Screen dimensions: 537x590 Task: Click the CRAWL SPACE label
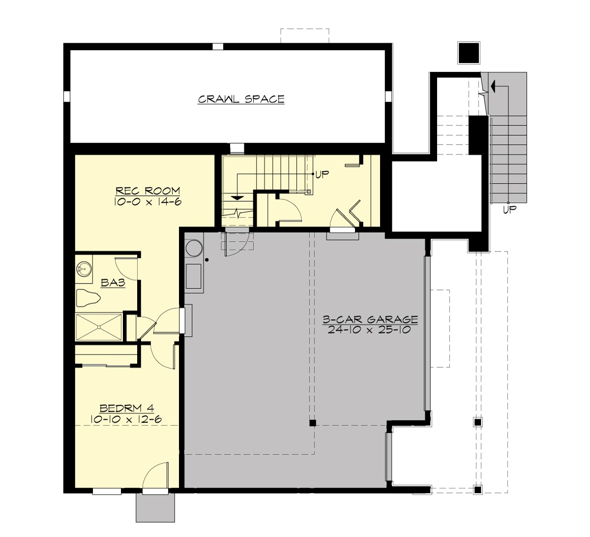[241, 99]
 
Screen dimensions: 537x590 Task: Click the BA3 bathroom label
[112, 283]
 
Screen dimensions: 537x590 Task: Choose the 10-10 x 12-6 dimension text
[127, 419]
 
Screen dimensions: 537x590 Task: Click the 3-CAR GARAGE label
[370, 320]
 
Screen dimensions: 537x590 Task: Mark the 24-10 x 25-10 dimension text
[370, 330]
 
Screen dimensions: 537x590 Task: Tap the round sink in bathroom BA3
[84, 269]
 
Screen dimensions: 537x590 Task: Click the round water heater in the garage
[193, 248]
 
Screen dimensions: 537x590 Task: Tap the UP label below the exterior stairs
[509, 210]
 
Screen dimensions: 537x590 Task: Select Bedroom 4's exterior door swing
[156, 475]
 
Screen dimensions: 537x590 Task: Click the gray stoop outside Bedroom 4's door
[155, 507]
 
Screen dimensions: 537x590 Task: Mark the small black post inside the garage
[312, 422]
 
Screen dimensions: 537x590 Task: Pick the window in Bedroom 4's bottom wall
[107, 491]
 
